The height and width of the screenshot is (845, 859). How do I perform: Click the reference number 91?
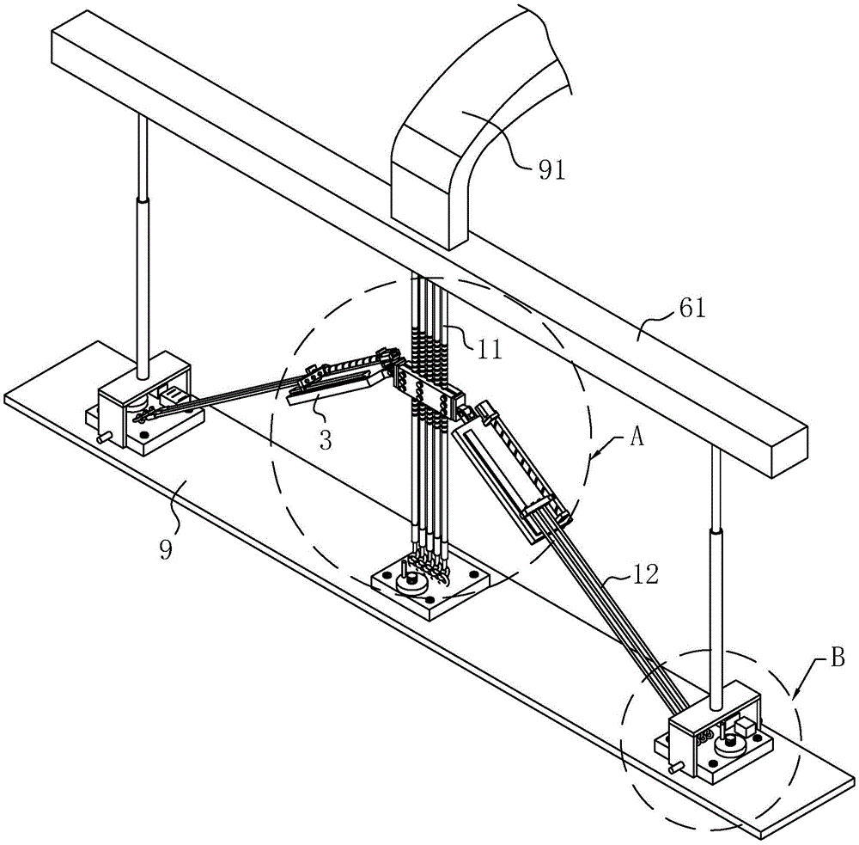click(551, 170)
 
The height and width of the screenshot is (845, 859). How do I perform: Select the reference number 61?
click(692, 308)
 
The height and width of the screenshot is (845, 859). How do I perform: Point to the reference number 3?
click(326, 440)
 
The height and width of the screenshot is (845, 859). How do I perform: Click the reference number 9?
click(166, 549)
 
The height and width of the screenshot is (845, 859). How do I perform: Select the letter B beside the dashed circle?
click(838, 658)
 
